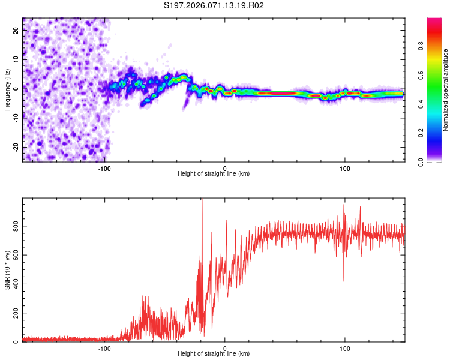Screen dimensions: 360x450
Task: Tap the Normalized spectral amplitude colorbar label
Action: (x=445, y=90)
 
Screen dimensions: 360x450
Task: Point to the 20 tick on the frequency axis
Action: (x=16, y=31)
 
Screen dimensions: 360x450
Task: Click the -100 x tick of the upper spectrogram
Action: (x=104, y=167)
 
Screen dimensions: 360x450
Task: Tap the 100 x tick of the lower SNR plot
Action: (x=344, y=347)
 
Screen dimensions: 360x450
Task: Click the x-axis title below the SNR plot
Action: (x=214, y=355)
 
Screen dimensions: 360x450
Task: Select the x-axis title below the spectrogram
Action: (x=214, y=174)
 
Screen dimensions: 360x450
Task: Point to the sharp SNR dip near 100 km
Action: (x=344, y=279)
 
